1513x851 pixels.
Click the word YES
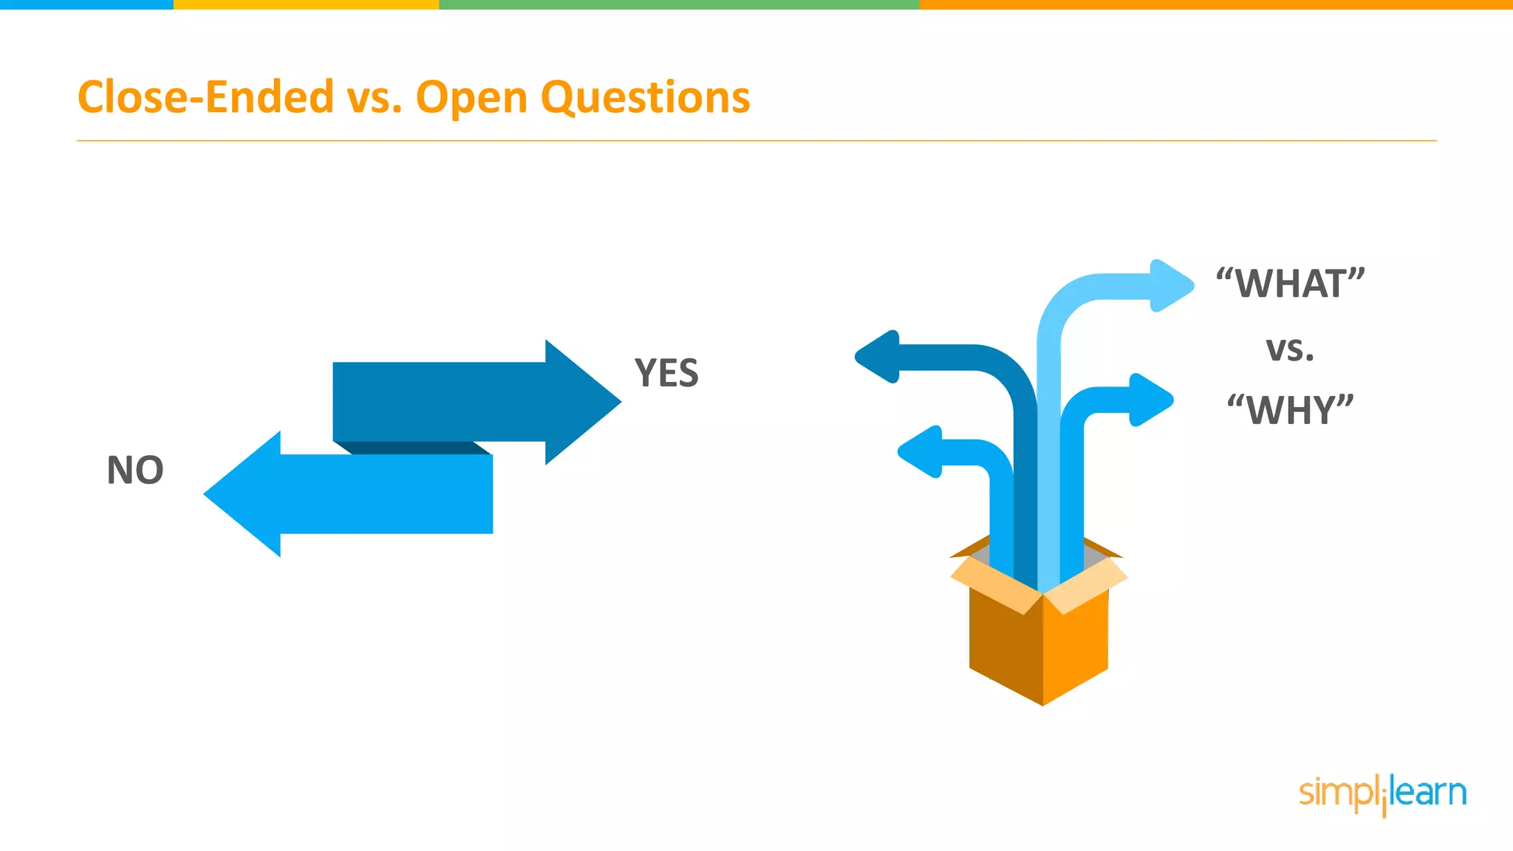pos(666,373)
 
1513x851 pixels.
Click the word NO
pos(135,471)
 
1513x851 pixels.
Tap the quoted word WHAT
pos(1290,284)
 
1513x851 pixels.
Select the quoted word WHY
pos(1290,410)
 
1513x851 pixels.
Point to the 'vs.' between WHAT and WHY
pos(1290,349)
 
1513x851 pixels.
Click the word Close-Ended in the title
pos(205,98)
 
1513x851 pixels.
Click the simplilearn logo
pos(1382,794)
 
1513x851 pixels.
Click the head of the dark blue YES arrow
pos(580,402)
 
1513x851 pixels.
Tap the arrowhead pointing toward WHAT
pos(1170,285)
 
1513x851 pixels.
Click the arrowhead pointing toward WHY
pos(1150,400)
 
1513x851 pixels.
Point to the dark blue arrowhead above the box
pos(879,357)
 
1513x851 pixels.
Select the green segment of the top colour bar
pos(679,4)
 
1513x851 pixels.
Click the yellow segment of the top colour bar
pos(306,4)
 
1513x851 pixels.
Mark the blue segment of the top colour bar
pos(86,4)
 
